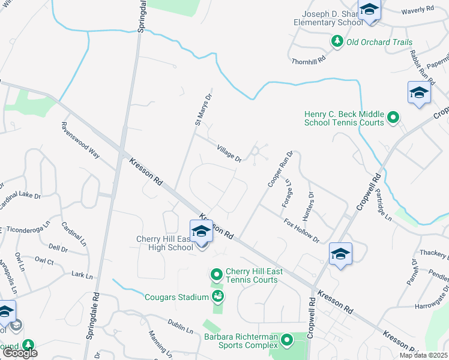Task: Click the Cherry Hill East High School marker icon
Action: click(x=201, y=232)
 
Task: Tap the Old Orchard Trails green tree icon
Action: click(x=337, y=42)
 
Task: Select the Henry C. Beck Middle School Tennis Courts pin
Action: click(x=393, y=118)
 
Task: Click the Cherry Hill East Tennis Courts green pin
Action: click(x=216, y=275)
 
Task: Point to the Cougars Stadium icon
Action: click(x=217, y=296)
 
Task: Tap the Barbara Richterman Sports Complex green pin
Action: click(x=287, y=341)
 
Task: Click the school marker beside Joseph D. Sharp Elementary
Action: click(x=369, y=11)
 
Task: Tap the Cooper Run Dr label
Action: click(x=279, y=169)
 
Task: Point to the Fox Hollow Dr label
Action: click(x=302, y=230)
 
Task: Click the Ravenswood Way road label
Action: click(x=80, y=140)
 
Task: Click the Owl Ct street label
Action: click(x=44, y=261)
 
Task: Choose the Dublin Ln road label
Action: click(x=180, y=326)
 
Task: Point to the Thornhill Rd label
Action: click(x=308, y=60)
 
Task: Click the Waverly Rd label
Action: click(x=417, y=10)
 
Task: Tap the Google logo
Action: click(x=19, y=353)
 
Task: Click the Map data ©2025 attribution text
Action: click(x=423, y=355)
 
